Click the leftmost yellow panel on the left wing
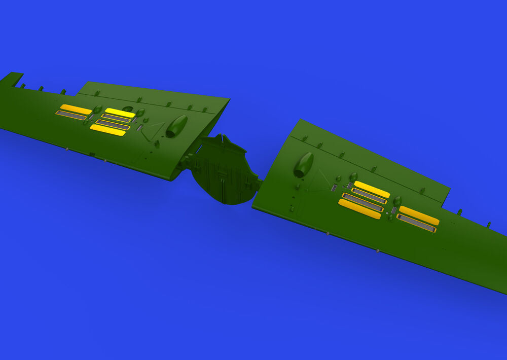tap(76, 109)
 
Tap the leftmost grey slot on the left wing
tap(71, 116)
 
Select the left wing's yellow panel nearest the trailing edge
tap(120, 113)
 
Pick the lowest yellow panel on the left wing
tap(107, 130)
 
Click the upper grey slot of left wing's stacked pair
tap(116, 118)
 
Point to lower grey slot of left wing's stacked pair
tap(113, 124)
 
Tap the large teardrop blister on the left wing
tap(176, 126)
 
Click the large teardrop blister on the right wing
tap(304, 165)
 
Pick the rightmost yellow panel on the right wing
tap(419, 215)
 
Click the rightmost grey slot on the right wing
tap(416, 223)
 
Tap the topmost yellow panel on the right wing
tap(372, 189)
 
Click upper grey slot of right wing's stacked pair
tap(369, 196)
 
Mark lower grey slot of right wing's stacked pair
tap(363, 202)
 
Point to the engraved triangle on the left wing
tap(153, 130)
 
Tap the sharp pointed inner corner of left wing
tap(229, 99)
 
